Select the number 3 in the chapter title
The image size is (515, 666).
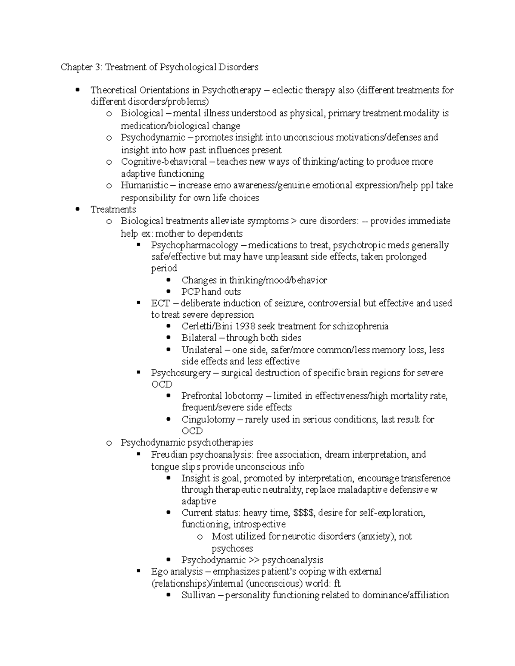tap(98, 67)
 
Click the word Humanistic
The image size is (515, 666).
tap(144, 185)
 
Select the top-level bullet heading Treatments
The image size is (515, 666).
tap(113, 209)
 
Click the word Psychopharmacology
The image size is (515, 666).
tap(194, 245)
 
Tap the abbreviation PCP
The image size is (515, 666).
tap(191, 292)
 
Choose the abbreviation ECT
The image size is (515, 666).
tap(161, 303)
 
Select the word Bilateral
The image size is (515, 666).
tap(199, 338)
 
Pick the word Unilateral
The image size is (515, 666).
tap(202, 350)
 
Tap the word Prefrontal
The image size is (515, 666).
tap(200, 396)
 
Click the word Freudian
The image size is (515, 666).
tap(169, 455)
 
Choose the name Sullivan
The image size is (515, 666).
tap(198, 595)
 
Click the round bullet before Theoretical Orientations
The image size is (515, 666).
tap(77, 90)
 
